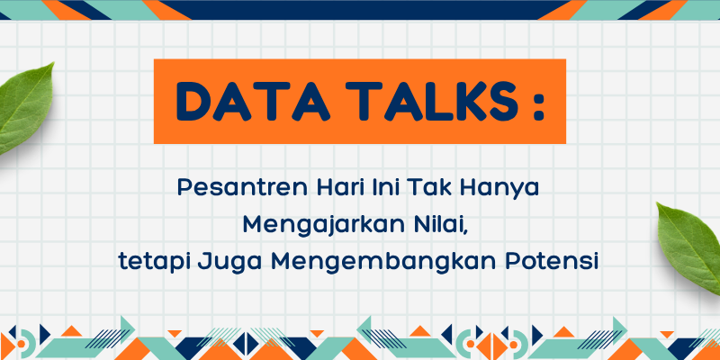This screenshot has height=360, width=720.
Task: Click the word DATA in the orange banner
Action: [253, 102]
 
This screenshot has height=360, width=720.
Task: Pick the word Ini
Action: [381, 189]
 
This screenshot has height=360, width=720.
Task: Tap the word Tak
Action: [427, 189]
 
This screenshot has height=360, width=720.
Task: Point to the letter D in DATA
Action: [193, 102]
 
